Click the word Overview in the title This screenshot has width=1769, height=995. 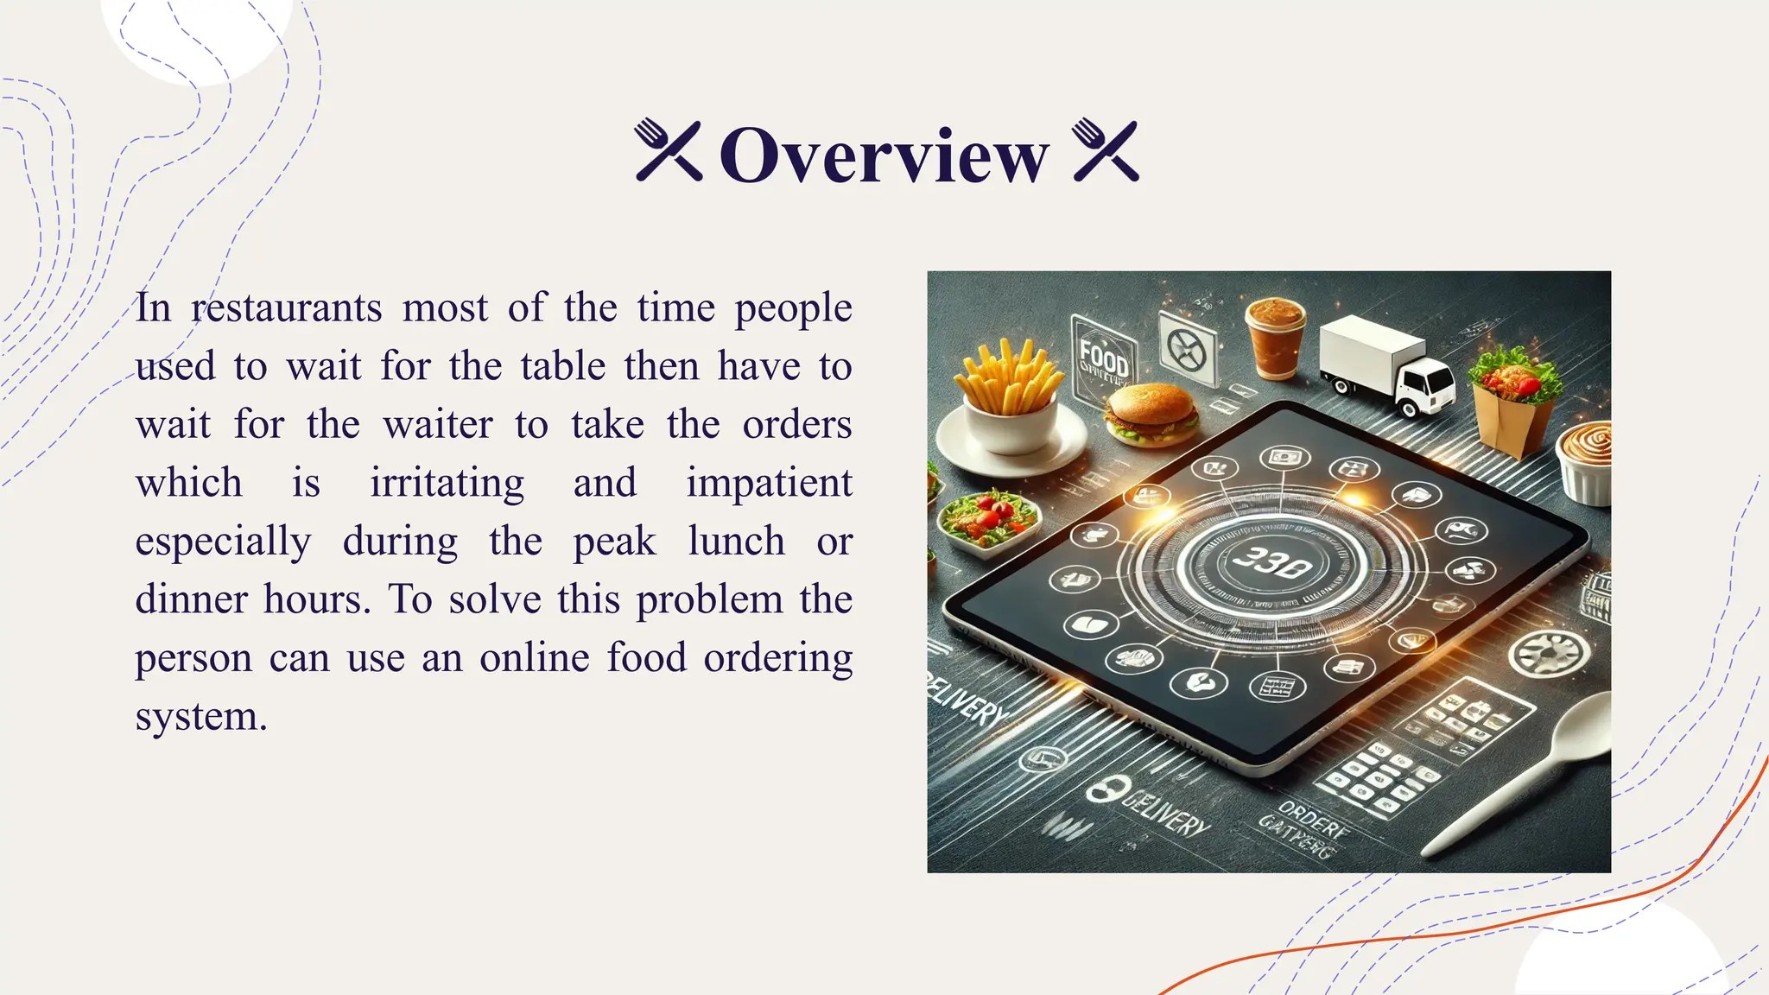[884, 155]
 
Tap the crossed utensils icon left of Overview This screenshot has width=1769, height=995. [669, 150]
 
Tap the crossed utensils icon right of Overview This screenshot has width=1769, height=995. [1106, 150]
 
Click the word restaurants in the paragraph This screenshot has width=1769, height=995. [286, 308]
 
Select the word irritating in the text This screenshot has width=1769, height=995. [447, 483]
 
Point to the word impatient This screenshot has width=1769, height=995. [769, 483]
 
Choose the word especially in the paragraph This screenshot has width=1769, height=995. [223, 542]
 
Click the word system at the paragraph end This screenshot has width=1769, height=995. [200, 716]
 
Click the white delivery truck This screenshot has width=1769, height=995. [1385, 365]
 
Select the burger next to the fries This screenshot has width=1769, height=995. [1151, 414]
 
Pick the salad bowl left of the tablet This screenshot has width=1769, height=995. [987, 519]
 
